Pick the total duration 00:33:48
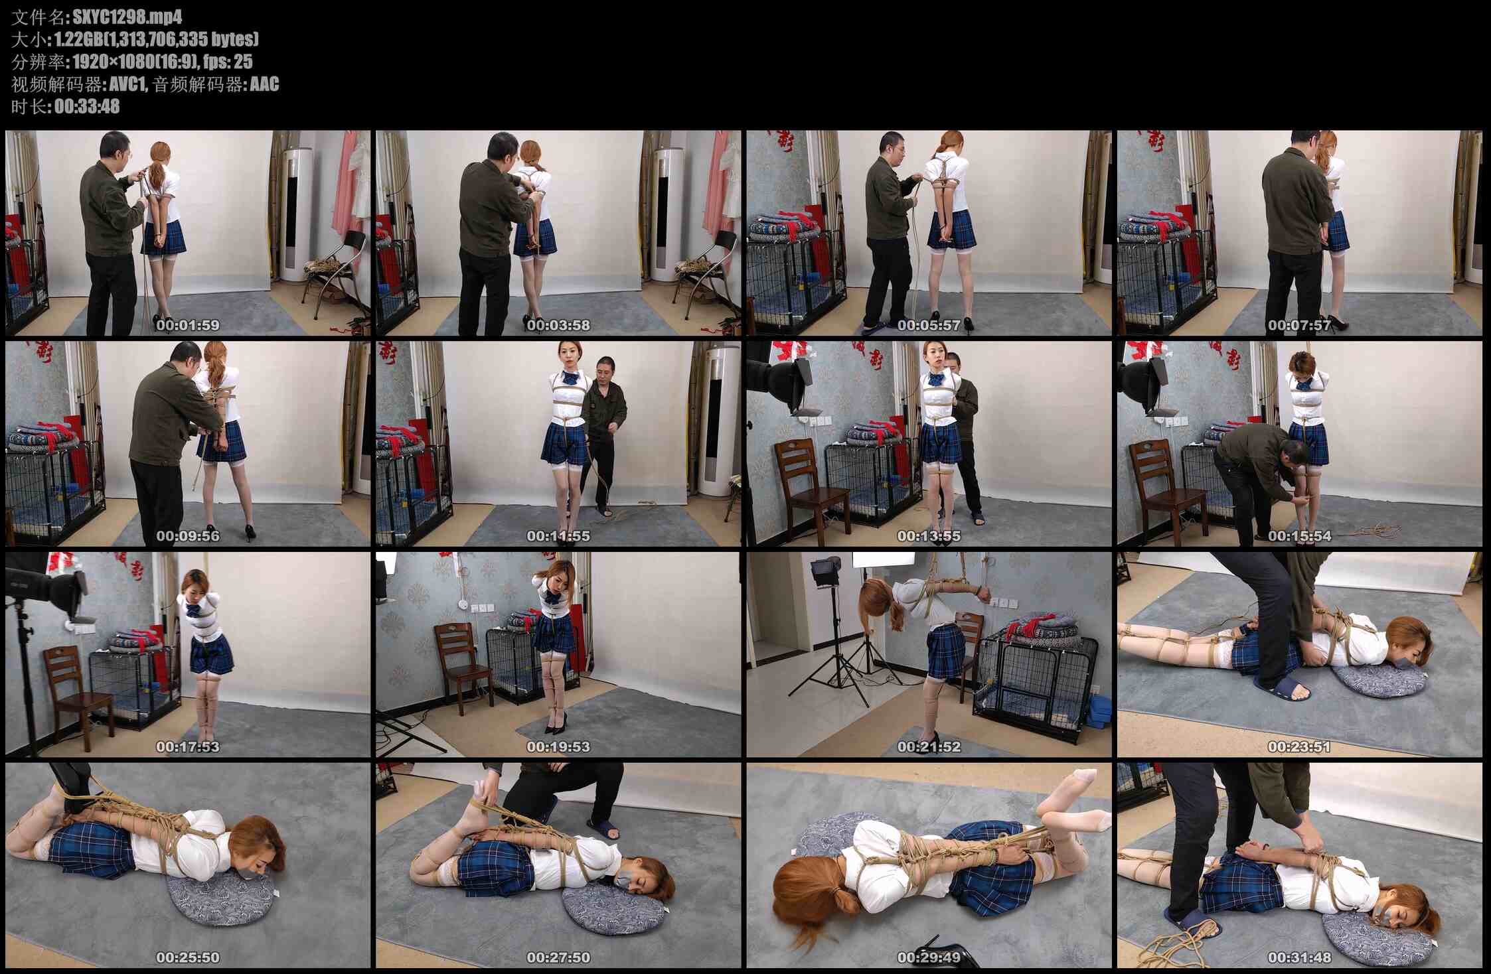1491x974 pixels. [x=87, y=107]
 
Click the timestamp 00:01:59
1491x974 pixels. [x=188, y=325]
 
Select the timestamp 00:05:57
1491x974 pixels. [x=929, y=325]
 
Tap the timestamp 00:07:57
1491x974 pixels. [x=1299, y=325]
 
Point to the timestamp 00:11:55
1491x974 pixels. [x=558, y=536]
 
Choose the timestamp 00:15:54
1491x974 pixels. [x=1299, y=536]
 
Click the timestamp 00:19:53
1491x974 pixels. [x=558, y=747]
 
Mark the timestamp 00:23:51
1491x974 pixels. [x=1299, y=747]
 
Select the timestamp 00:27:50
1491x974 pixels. [x=558, y=958]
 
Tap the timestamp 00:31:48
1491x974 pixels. [x=1299, y=958]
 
